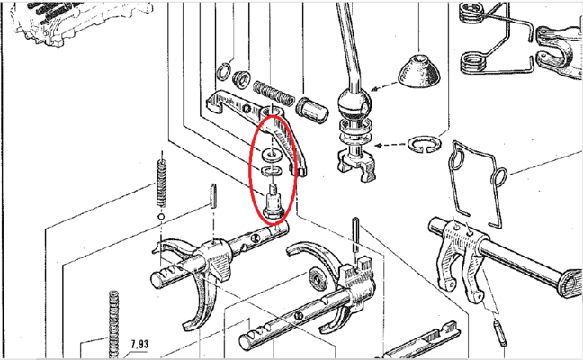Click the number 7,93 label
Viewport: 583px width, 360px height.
[x=139, y=345]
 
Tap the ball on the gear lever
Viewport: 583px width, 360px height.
[x=354, y=103]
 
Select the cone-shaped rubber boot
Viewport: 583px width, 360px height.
[x=419, y=72]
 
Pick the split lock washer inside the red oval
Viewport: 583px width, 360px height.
[x=272, y=171]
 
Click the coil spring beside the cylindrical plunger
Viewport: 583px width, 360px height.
[x=274, y=94]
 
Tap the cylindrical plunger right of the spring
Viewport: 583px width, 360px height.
[x=312, y=109]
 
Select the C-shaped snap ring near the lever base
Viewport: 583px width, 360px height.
[x=425, y=144]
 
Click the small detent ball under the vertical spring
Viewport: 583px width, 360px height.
[x=161, y=217]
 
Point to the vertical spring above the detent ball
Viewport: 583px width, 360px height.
[x=161, y=183]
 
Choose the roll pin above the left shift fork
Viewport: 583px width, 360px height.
[x=213, y=196]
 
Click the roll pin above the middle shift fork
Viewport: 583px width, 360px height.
[x=355, y=235]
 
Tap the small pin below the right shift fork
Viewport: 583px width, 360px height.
[x=500, y=334]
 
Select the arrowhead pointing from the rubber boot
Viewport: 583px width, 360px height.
[x=374, y=89]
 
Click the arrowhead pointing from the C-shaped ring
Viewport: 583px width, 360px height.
[x=378, y=146]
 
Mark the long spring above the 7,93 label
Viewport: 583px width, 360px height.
[x=113, y=324]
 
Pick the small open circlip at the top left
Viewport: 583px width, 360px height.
[x=223, y=71]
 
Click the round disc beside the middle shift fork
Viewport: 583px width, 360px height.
[x=317, y=279]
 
